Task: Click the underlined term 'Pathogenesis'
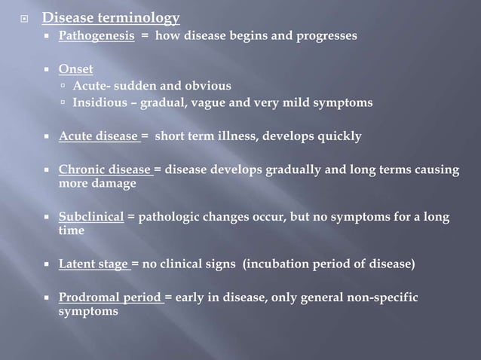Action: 97,35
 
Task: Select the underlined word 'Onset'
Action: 76,69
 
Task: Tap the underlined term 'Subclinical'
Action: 91,218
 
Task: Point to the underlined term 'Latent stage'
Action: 94,264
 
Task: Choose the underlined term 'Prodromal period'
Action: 110,297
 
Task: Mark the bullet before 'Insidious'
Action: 64,102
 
